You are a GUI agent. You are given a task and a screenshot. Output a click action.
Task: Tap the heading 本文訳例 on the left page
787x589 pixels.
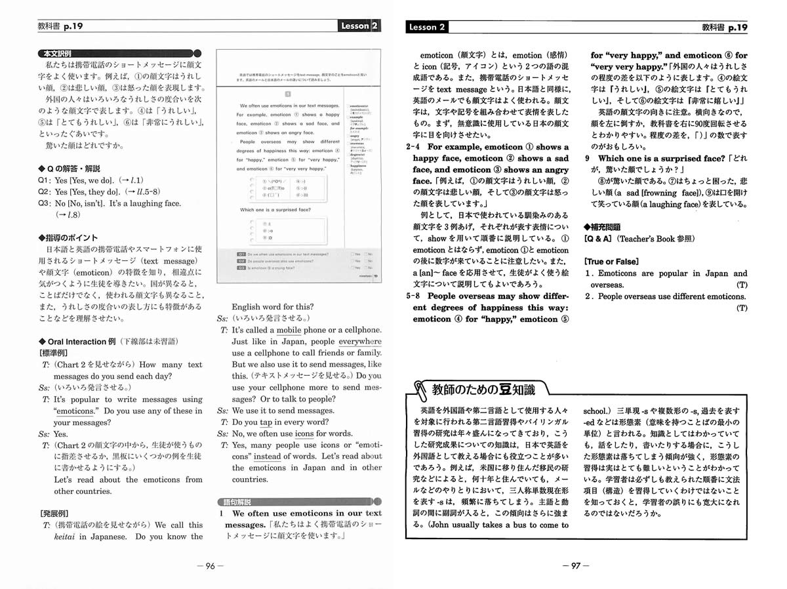tap(58, 53)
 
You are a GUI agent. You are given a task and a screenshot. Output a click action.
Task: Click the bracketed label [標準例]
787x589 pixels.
tap(56, 353)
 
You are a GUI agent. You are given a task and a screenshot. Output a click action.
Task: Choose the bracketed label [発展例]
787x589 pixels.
tap(56, 513)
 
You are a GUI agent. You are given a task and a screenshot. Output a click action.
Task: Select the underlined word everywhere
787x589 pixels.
tap(360, 341)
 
